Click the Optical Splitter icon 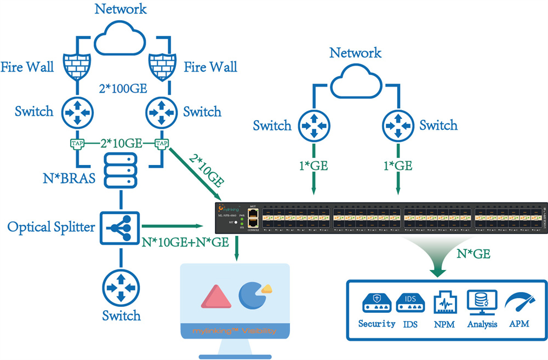119,226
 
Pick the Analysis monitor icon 482,302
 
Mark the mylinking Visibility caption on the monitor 235,331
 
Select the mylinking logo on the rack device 230,209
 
